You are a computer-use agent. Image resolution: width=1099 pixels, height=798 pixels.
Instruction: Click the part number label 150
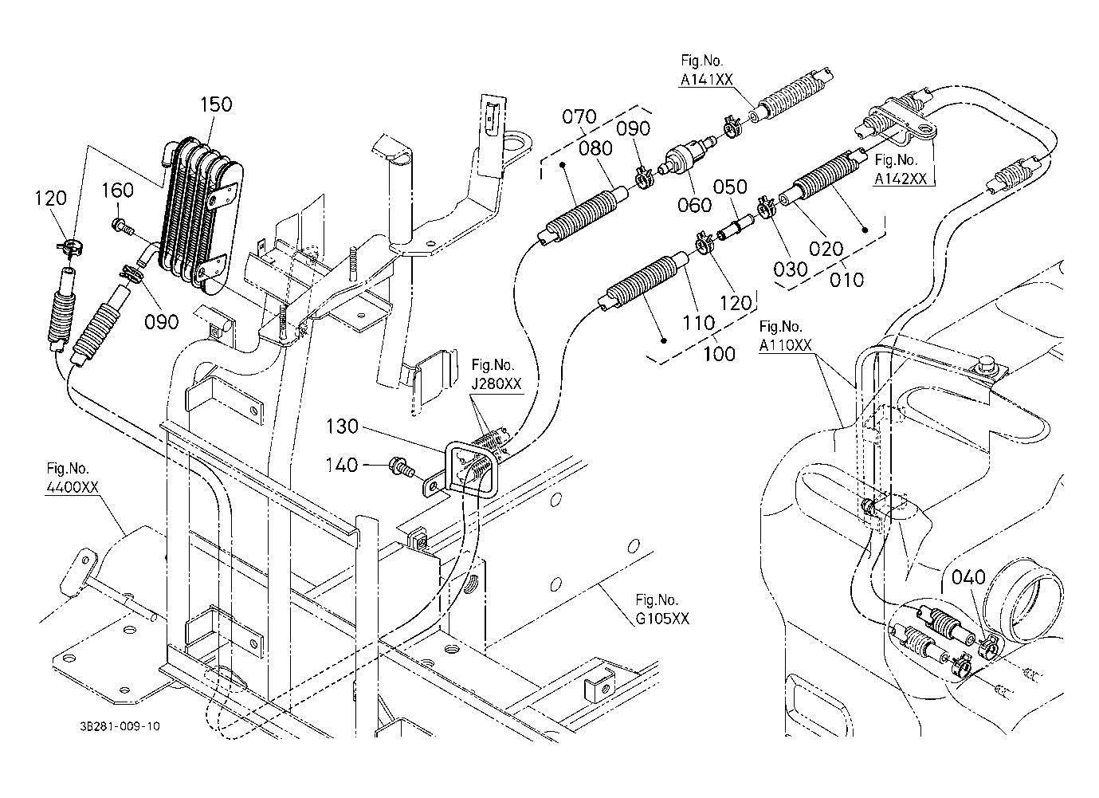click(x=216, y=104)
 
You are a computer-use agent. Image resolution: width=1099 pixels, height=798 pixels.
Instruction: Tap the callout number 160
click(x=117, y=190)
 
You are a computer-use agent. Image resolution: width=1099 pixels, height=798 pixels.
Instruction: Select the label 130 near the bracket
click(x=342, y=426)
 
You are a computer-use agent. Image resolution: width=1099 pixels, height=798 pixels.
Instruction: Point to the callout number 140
click(x=342, y=465)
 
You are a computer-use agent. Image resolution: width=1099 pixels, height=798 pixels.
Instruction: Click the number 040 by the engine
click(x=968, y=577)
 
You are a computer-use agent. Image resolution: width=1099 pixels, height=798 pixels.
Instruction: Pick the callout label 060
click(x=694, y=205)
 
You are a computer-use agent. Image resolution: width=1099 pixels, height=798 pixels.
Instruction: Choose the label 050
click(x=730, y=187)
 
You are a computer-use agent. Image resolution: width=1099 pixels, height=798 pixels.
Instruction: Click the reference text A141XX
click(x=706, y=80)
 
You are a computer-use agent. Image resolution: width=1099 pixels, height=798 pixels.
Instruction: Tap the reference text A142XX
click(x=901, y=179)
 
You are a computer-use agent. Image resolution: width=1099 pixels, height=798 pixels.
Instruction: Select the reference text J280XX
click(x=496, y=383)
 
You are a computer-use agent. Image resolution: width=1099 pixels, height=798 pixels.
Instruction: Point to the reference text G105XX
click(x=662, y=619)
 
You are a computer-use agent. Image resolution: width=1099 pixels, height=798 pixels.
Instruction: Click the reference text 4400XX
click(x=72, y=487)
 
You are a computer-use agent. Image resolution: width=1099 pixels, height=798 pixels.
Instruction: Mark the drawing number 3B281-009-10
click(x=120, y=726)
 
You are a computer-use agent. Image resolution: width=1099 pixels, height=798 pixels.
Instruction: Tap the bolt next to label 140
click(x=402, y=466)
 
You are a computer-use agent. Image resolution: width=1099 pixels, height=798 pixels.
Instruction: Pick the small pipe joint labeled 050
click(x=736, y=228)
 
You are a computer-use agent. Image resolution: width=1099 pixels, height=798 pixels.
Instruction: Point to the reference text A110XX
click(x=786, y=345)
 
